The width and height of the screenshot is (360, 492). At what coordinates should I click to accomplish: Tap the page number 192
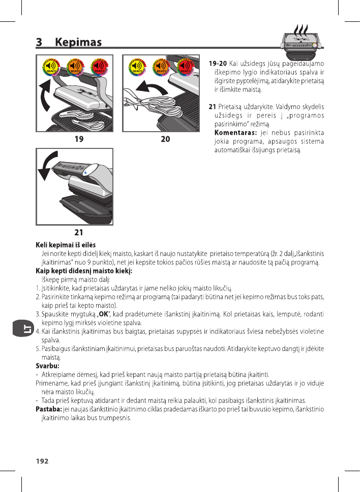coord(42,461)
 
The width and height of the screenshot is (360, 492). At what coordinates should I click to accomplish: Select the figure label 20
coord(165,138)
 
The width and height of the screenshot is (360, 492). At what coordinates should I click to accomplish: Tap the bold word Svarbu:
coord(47,365)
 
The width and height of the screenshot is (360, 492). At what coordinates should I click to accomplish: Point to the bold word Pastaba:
coord(48,409)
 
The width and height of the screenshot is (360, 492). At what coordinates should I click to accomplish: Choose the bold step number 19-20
coord(218,64)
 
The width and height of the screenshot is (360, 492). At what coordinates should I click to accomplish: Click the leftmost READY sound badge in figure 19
coord(51,68)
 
